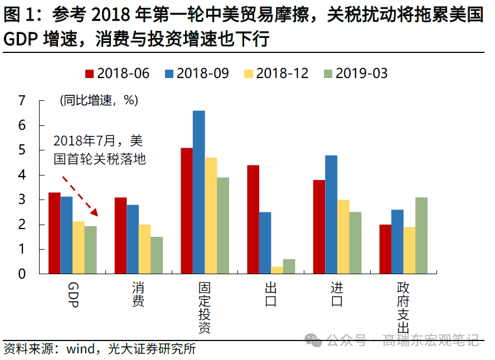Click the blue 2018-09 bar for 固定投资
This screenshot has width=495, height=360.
[x=199, y=192]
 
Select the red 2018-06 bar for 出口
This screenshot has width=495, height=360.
[x=253, y=220]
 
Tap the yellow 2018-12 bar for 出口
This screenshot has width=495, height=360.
[x=277, y=270]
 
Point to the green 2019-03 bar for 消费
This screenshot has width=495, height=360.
[x=157, y=255]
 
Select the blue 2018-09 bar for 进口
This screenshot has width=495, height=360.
[x=331, y=215]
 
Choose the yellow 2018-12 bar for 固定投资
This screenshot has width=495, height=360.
[x=211, y=216]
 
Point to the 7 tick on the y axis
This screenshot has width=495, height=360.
[x=22, y=101]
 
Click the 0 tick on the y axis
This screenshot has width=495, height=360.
[x=22, y=274]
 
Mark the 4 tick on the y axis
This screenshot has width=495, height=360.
[x=22, y=175]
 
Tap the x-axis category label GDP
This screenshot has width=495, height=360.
[x=72, y=294]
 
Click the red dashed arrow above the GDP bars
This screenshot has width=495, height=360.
[x=80, y=197]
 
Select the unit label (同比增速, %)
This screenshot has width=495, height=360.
[x=99, y=101]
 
